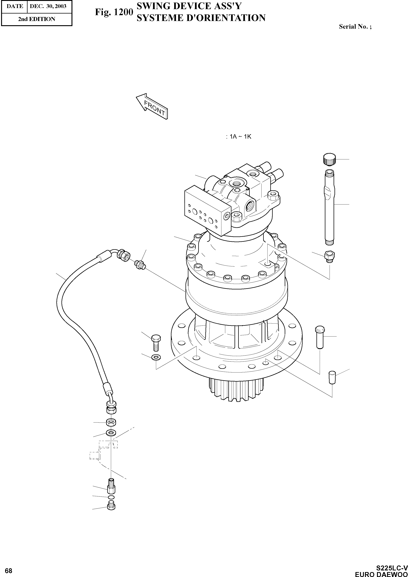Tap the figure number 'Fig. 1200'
(114, 12)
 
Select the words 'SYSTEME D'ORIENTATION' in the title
(201, 18)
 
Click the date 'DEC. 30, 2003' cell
(48, 6)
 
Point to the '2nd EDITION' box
(36, 19)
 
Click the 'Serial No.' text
(355, 27)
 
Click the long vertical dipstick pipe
(329, 206)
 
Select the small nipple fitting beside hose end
(140, 265)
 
